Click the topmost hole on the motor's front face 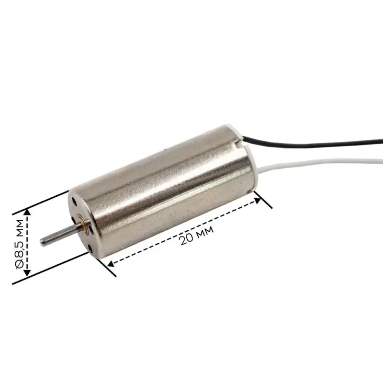point(74,202)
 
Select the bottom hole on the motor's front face point(91,248)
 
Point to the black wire point(313,143)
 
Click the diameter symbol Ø point(19,264)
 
